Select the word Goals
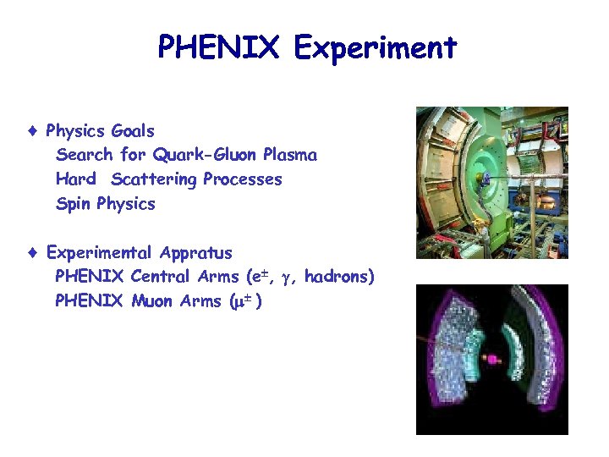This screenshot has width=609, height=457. coord(133,131)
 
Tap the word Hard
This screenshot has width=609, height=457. coord(75,179)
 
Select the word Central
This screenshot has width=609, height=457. coord(161,277)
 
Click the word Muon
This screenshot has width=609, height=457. coord(153,300)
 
